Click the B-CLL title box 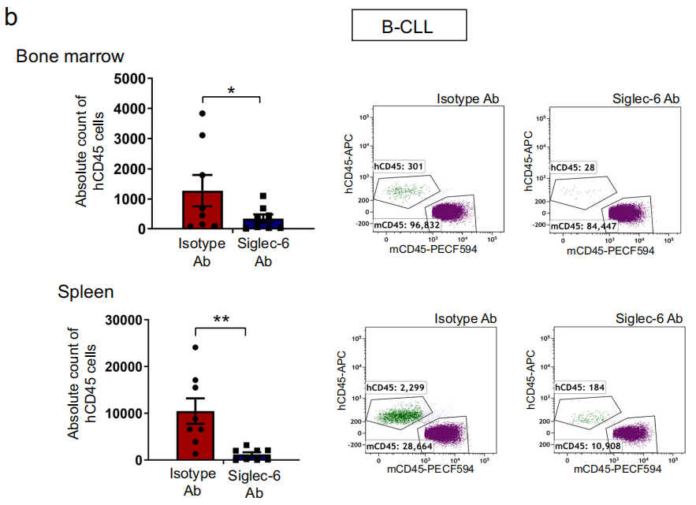408,27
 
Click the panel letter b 11,17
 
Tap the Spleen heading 86,291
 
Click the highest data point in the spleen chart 195,347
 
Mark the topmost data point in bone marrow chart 203,114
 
